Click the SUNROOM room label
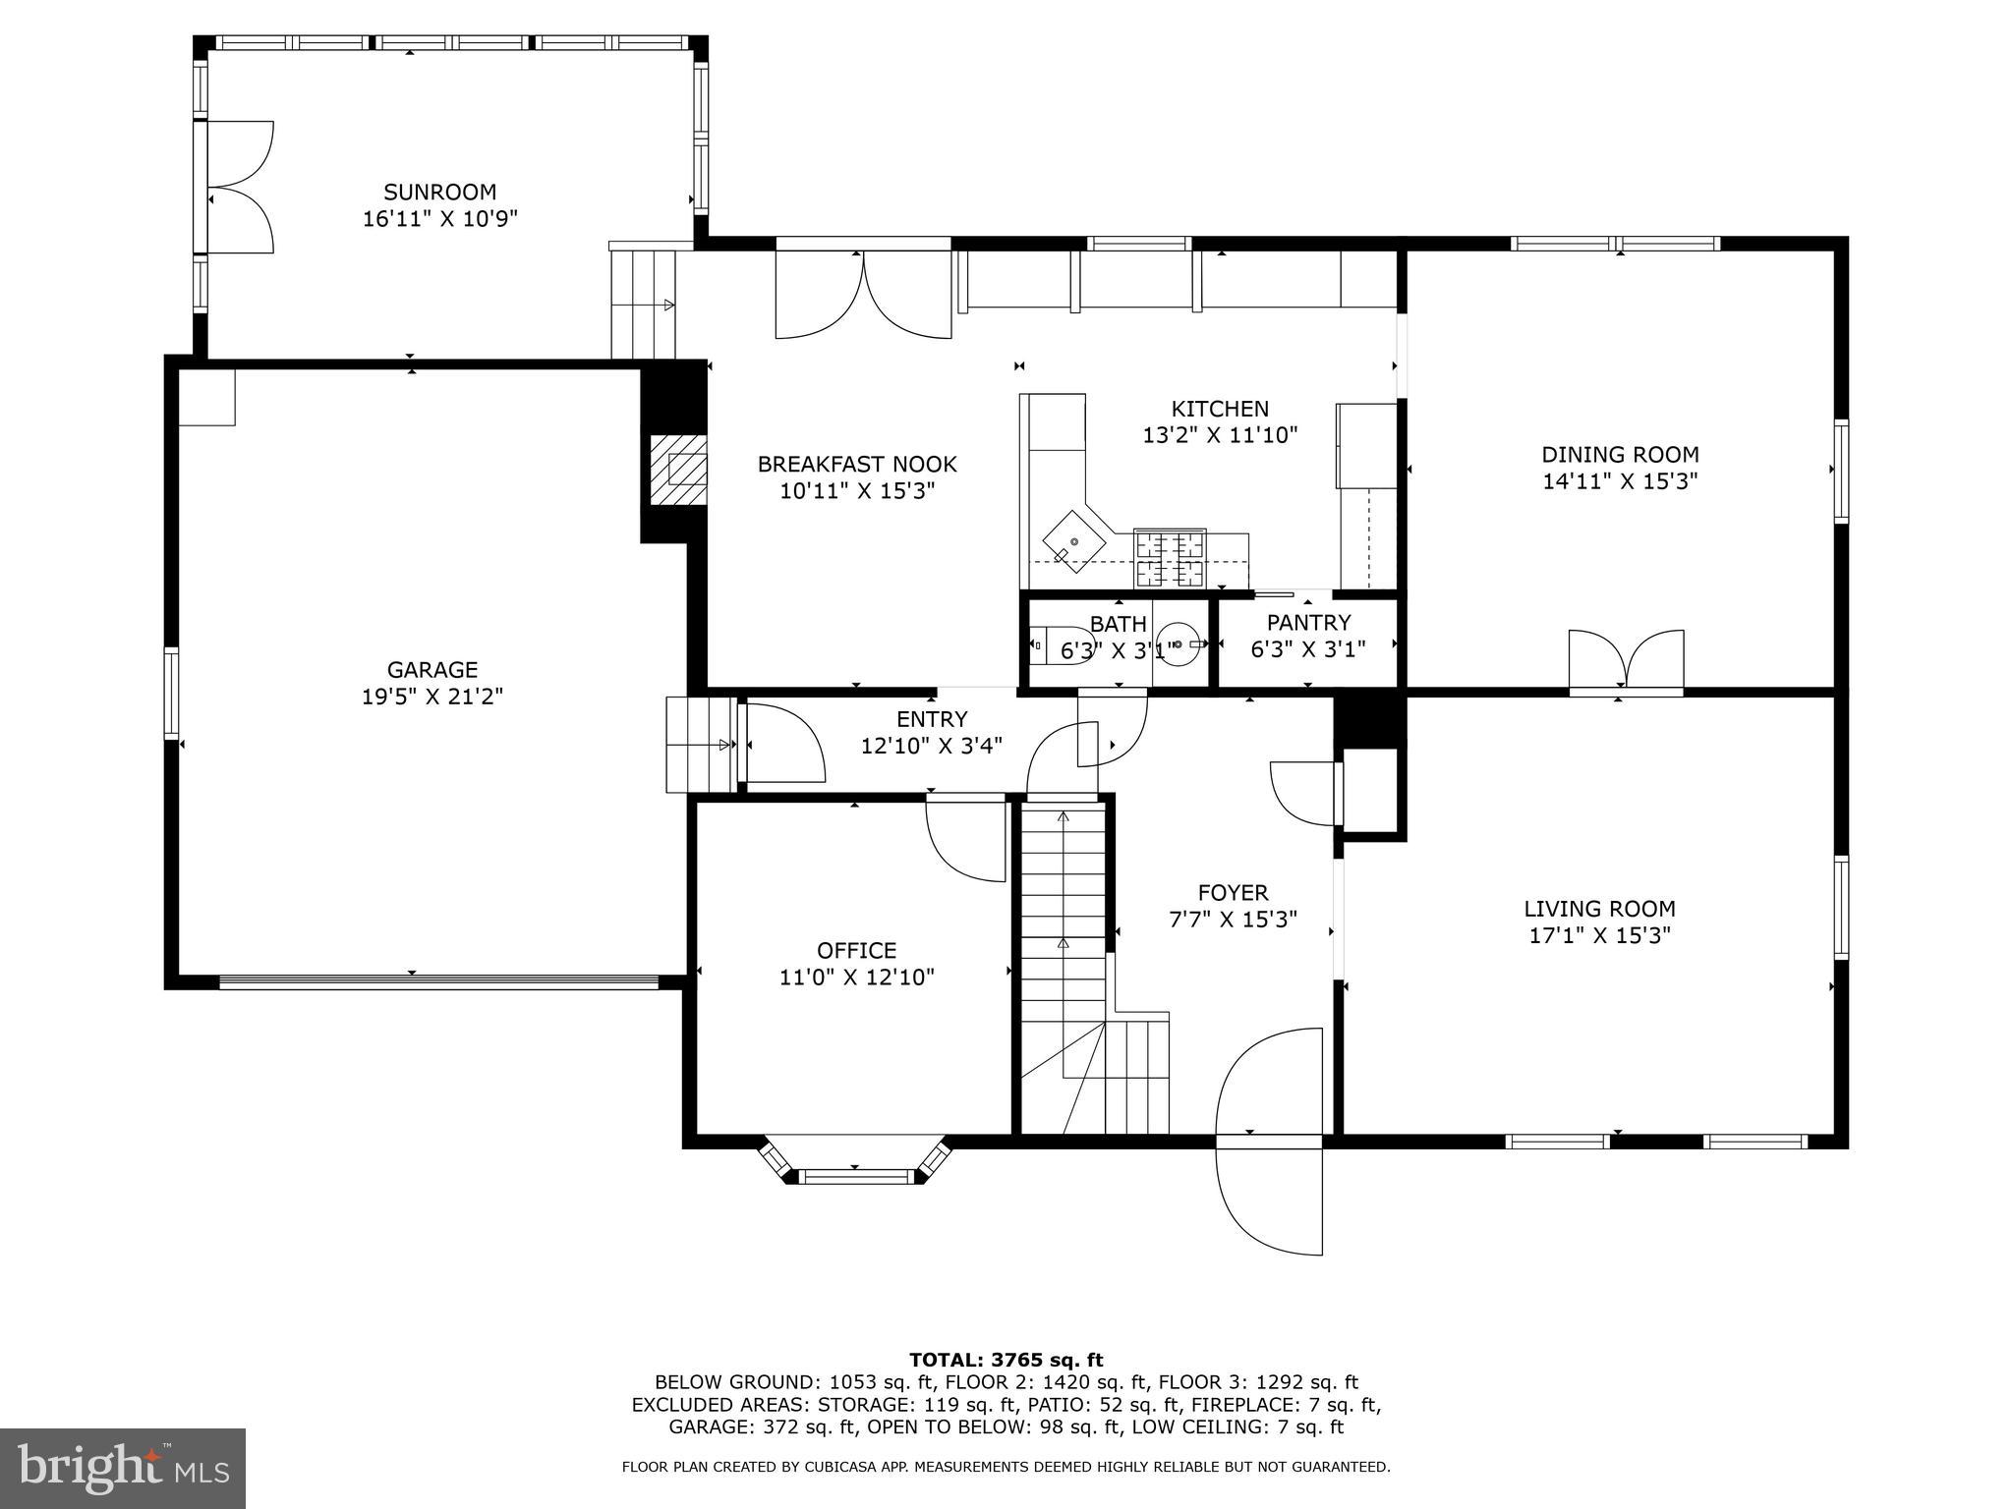point(439,192)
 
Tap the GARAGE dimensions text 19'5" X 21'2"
point(431,697)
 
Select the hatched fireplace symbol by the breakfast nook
point(678,471)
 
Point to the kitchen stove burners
point(1170,557)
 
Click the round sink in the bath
point(1178,644)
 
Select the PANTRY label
point(1308,622)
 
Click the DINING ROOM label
point(1619,455)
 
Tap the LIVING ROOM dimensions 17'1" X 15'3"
point(1599,935)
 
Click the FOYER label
point(1233,892)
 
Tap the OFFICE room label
point(856,950)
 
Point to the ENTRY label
point(931,719)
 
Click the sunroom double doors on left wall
point(238,187)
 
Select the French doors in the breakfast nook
point(863,295)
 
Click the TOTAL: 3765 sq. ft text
point(1006,1360)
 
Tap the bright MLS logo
point(123,1468)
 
